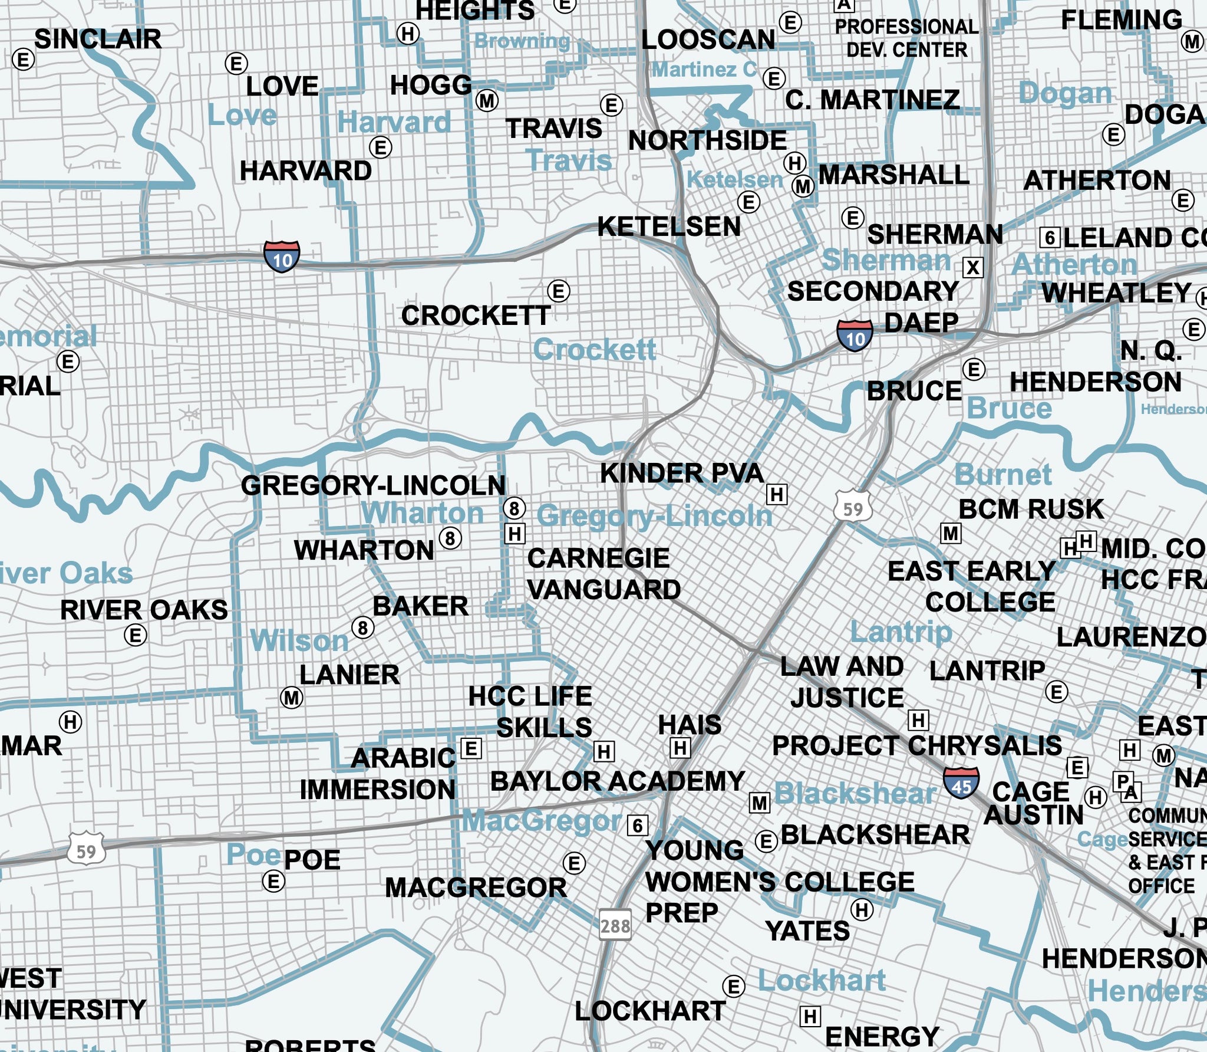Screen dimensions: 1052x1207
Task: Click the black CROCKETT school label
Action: point(476,316)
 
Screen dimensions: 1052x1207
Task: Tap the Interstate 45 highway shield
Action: point(961,783)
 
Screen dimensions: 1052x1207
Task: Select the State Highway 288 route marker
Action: point(615,926)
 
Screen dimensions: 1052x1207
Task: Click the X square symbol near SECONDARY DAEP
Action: point(973,268)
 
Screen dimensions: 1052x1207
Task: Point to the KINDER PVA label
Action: point(682,474)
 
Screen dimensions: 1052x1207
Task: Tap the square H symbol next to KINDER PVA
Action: point(777,494)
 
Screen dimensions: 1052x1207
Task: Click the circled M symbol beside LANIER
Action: point(291,698)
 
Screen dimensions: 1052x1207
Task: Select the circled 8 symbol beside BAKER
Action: point(363,628)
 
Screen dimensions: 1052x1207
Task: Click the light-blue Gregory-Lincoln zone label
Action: point(654,517)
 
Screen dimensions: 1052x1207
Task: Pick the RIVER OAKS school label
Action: point(144,610)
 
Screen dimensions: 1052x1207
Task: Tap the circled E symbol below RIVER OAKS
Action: point(136,636)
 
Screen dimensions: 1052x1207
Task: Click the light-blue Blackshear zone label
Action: point(855,794)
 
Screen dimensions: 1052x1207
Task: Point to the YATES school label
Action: point(807,932)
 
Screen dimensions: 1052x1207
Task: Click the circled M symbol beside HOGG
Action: point(487,101)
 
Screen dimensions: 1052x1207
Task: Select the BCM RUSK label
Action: point(1031,509)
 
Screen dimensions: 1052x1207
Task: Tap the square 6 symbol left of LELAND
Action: point(1050,238)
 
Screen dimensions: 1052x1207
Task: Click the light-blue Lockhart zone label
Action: point(822,981)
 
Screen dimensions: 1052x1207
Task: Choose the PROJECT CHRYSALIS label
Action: point(917,746)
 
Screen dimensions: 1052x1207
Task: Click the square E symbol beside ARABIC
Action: point(471,749)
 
